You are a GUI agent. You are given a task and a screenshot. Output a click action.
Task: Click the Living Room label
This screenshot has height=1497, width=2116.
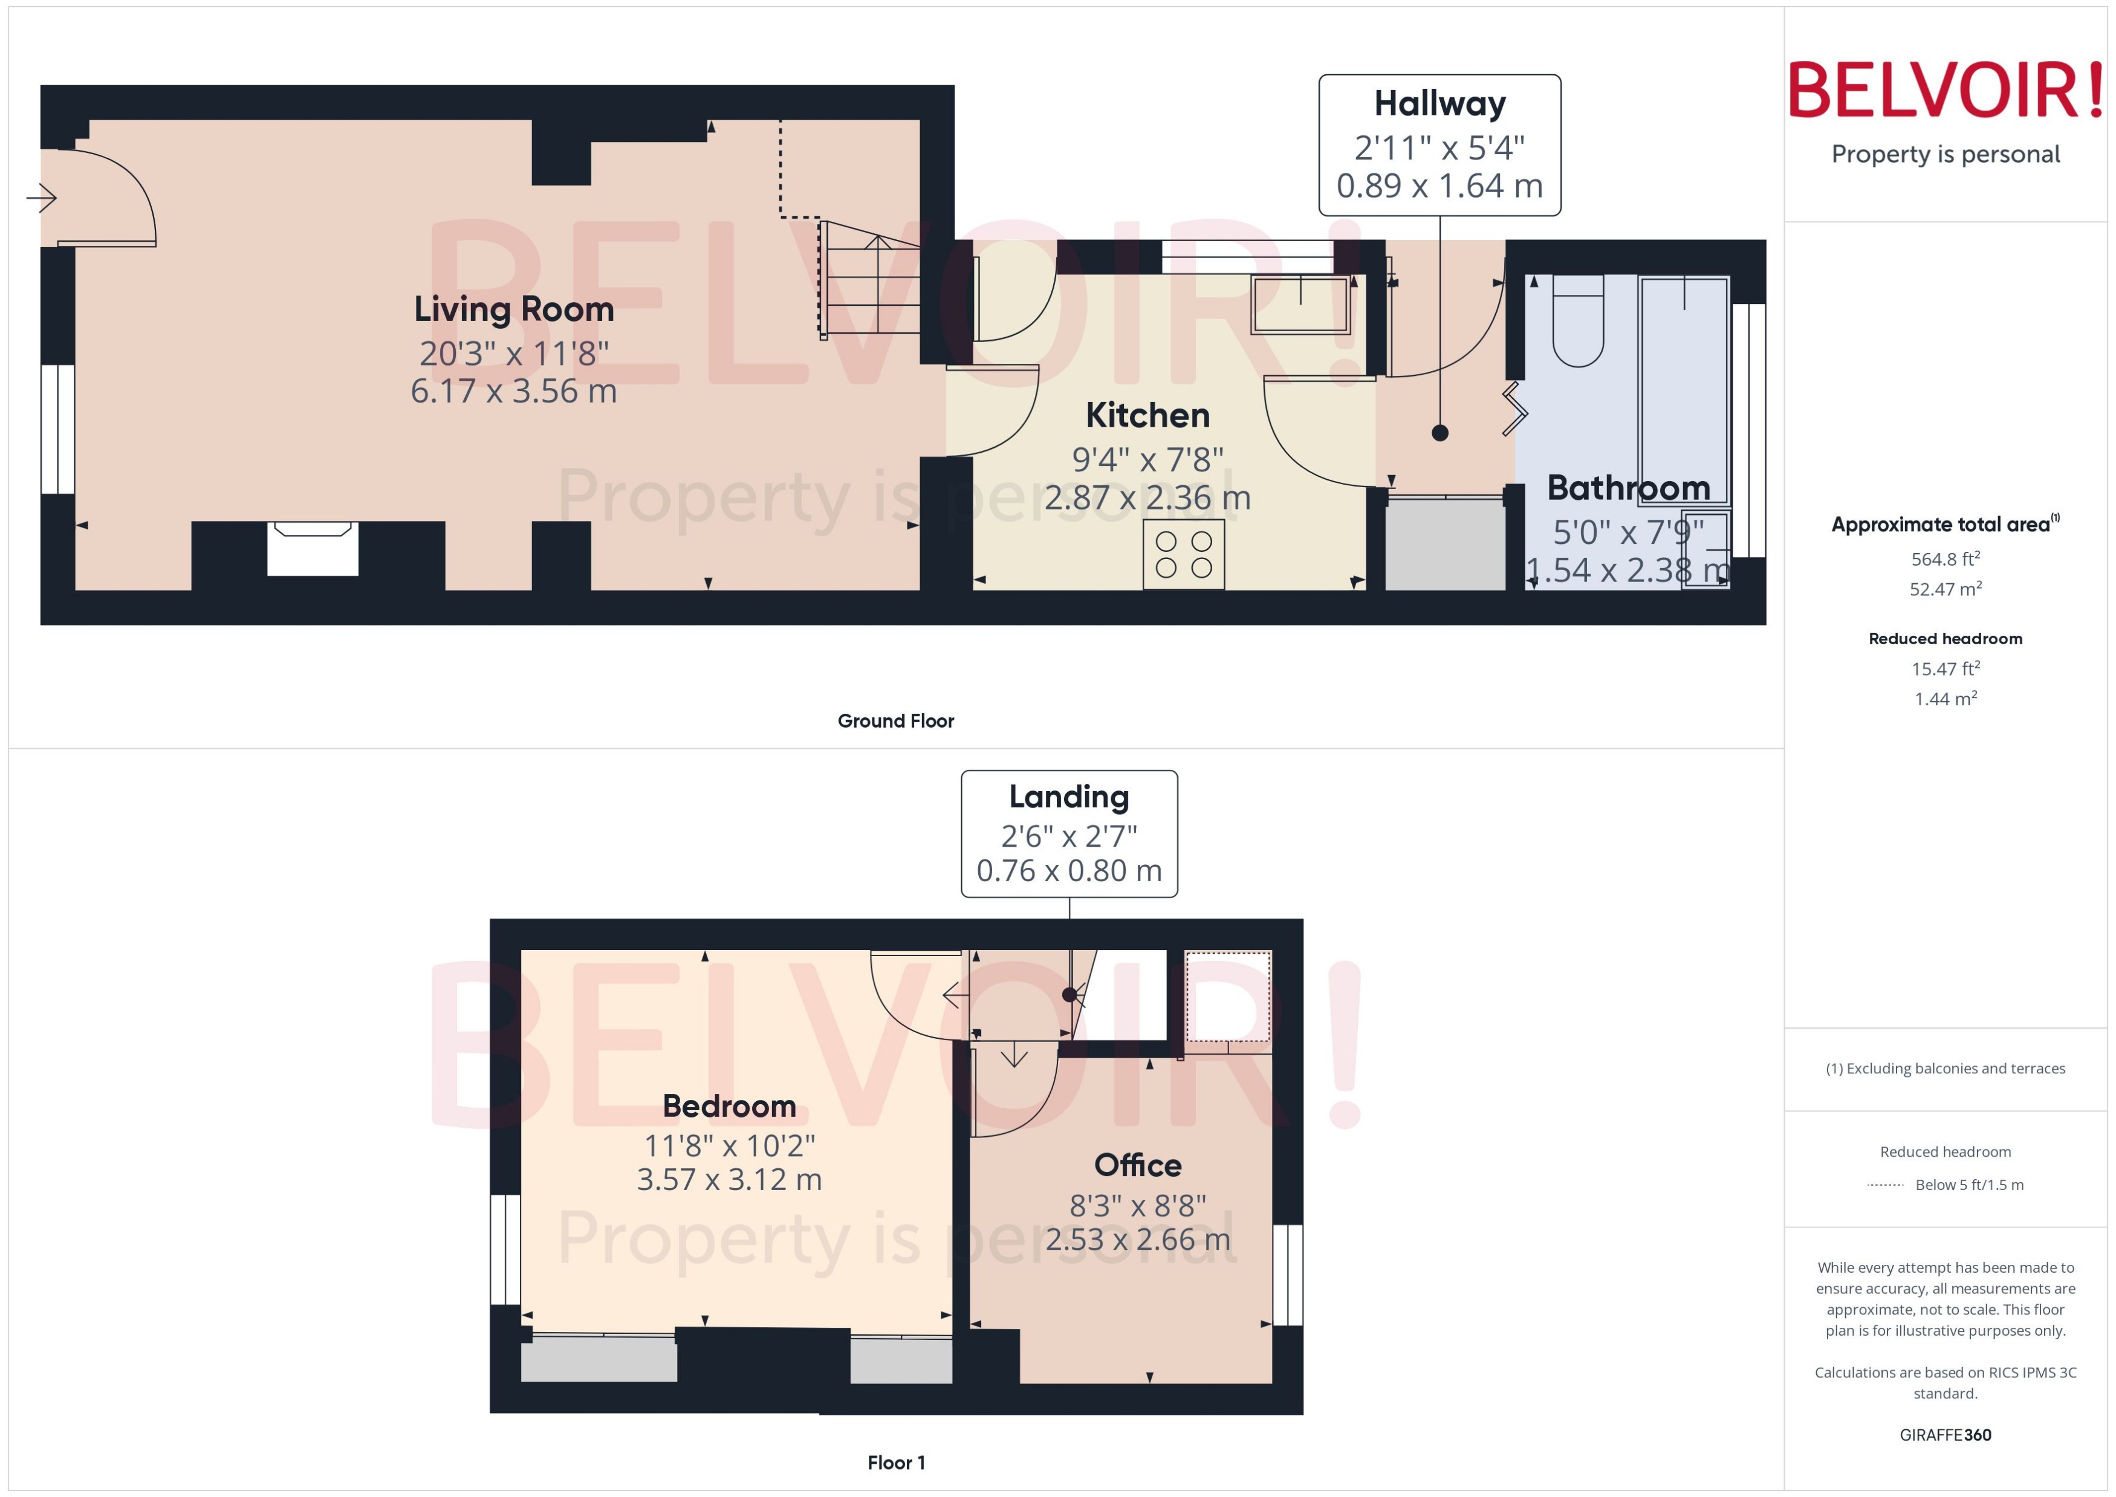pyautogui.click(x=513, y=309)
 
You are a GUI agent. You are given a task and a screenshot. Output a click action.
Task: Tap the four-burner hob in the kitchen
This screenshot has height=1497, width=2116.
pyautogui.click(x=1183, y=555)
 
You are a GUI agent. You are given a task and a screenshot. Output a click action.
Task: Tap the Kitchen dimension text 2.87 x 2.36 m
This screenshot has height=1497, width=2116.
pyautogui.click(x=1146, y=499)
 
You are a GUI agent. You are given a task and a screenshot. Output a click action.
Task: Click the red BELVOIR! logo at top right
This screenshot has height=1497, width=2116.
pyautogui.click(x=1944, y=90)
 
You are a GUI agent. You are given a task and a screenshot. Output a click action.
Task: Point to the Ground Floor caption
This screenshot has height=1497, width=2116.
pyautogui.click(x=894, y=721)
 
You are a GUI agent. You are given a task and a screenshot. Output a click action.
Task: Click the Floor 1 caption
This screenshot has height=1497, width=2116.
pyautogui.click(x=895, y=1462)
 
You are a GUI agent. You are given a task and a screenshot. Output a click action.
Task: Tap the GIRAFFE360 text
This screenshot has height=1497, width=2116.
pyautogui.click(x=1944, y=1434)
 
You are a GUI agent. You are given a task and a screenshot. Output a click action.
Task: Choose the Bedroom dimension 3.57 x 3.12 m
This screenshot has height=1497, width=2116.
pyautogui.click(x=729, y=1180)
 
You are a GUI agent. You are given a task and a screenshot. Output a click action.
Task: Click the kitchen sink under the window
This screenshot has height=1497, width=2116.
pyautogui.click(x=1299, y=304)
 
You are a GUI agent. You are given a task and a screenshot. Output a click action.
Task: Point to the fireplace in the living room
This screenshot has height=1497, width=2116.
pyautogui.click(x=313, y=549)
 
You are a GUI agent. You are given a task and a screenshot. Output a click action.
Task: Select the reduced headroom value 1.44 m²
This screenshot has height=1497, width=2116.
pyautogui.click(x=1944, y=699)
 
